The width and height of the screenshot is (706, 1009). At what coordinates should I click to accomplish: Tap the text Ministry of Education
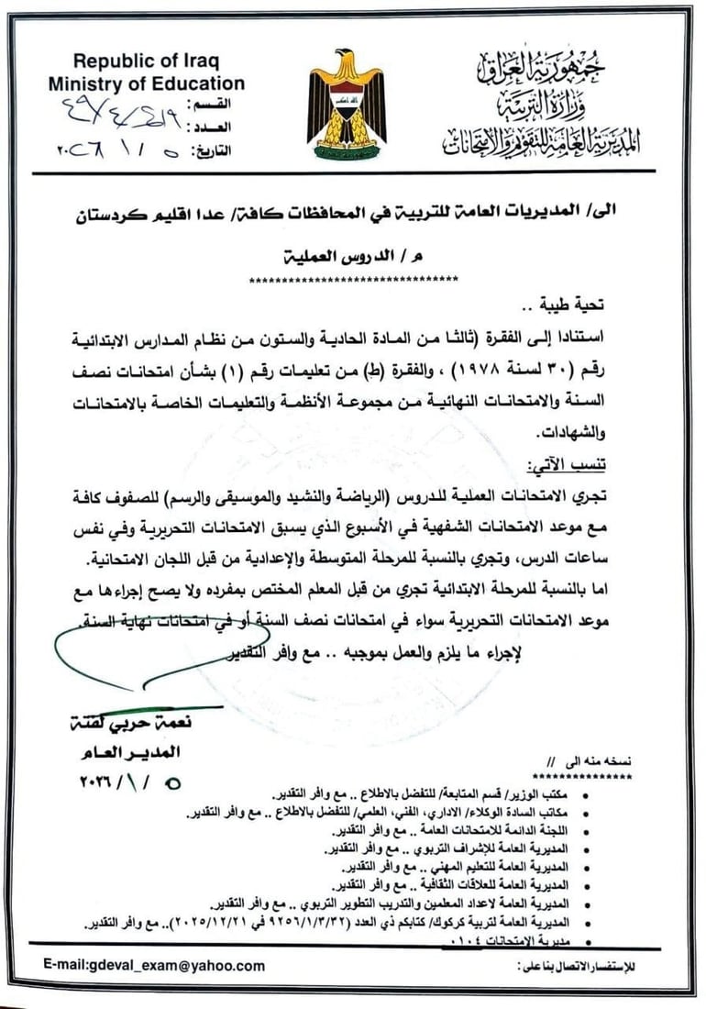(147, 83)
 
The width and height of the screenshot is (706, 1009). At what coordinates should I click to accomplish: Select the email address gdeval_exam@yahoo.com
(154, 965)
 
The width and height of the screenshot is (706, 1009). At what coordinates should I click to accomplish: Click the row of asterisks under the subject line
(354, 277)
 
